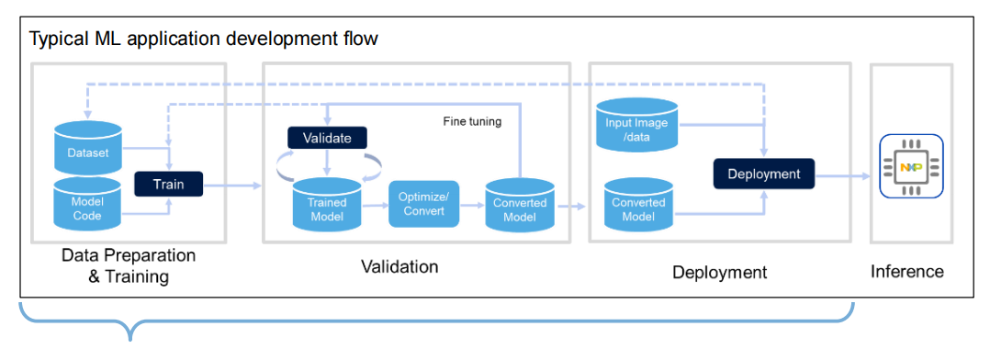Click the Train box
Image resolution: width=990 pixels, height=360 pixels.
(169, 184)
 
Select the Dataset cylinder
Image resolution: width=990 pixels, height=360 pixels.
(88, 148)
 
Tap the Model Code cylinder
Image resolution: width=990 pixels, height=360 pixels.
(88, 204)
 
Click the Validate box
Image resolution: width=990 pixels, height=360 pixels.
(327, 138)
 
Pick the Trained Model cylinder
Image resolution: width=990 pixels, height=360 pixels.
(326, 204)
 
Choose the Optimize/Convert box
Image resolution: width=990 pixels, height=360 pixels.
(423, 204)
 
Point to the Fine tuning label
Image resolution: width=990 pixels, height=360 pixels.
(472, 122)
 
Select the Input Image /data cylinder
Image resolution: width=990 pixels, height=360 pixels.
(636, 124)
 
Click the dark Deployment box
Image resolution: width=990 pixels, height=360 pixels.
(764, 173)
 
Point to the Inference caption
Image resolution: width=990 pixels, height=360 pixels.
(907, 272)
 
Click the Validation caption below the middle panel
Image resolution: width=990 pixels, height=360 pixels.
(399, 266)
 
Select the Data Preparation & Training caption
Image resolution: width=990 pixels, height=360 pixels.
(129, 266)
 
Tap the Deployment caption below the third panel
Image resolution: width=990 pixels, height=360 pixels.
(719, 272)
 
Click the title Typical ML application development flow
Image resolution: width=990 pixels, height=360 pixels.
(204, 39)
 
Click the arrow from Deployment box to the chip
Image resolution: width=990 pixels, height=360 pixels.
(842, 177)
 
